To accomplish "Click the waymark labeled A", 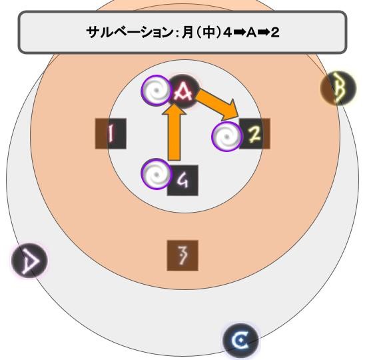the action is (183, 91).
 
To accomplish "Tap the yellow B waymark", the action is (338, 88).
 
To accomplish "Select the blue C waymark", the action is (240, 341).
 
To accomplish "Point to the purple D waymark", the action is (29, 260).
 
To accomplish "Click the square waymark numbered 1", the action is (111, 133).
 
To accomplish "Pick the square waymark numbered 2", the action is (254, 133).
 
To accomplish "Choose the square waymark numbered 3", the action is (182, 255).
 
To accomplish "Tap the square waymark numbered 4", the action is (182, 181).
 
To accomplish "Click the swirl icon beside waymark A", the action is (157, 90).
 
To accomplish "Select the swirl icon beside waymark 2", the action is (227, 137).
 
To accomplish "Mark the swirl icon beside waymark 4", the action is (157, 174).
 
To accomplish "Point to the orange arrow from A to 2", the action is (218, 104).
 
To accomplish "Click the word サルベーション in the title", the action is (129, 32).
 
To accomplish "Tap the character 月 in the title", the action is (188, 32).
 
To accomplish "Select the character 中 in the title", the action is (208, 32).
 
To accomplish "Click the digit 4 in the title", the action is (227, 33).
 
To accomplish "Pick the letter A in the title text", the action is (251, 33).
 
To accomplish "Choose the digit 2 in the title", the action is (275, 33).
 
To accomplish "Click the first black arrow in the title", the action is (239, 33).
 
